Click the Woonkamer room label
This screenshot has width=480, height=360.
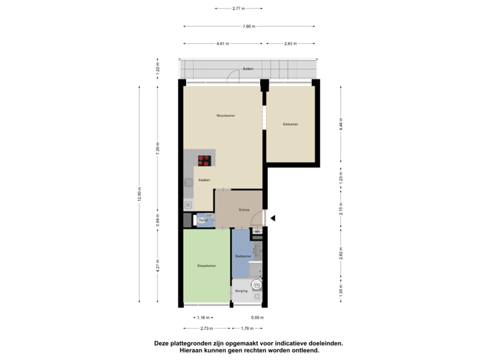225,115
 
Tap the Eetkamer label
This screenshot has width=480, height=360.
290,124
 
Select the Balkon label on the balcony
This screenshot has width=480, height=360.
248,69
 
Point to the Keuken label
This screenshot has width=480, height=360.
205,180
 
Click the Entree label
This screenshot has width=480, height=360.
244,210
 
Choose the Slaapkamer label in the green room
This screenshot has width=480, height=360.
207,266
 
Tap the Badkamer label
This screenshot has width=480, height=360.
243,256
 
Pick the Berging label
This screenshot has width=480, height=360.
241,291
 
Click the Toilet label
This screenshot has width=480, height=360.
203,219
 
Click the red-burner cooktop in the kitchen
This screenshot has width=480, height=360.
204,160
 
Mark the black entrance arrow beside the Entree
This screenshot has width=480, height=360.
272,217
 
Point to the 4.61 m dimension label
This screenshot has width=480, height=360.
222,43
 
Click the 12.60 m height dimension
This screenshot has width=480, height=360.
139,193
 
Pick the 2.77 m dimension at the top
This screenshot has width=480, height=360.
238,9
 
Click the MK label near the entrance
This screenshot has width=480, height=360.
257,232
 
